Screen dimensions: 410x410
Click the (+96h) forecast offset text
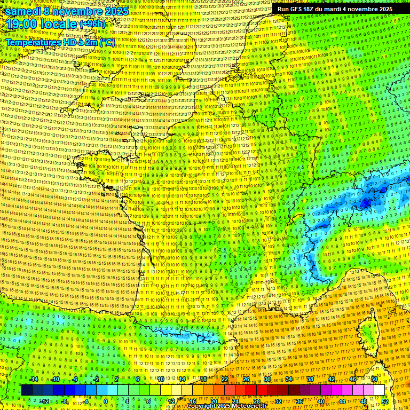[x=93, y=24]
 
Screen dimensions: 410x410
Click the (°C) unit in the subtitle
[x=107, y=42]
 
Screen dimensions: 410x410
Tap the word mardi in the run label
[x=334, y=9]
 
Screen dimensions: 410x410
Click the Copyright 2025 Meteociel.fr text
[x=226, y=406]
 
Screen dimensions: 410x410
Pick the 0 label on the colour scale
[x=106, y=401]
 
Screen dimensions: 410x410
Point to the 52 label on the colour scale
[x=385, y=401]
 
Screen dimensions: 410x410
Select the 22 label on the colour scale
[x=225, y=379]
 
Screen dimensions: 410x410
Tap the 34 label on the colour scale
[x=289, y=379]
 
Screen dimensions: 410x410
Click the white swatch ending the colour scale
[x=379, y=390]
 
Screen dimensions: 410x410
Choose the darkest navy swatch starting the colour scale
[x=27, y=390]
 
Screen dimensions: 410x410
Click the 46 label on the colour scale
[x=353, y=379]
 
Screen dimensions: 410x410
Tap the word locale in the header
[x=59, y=24]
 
